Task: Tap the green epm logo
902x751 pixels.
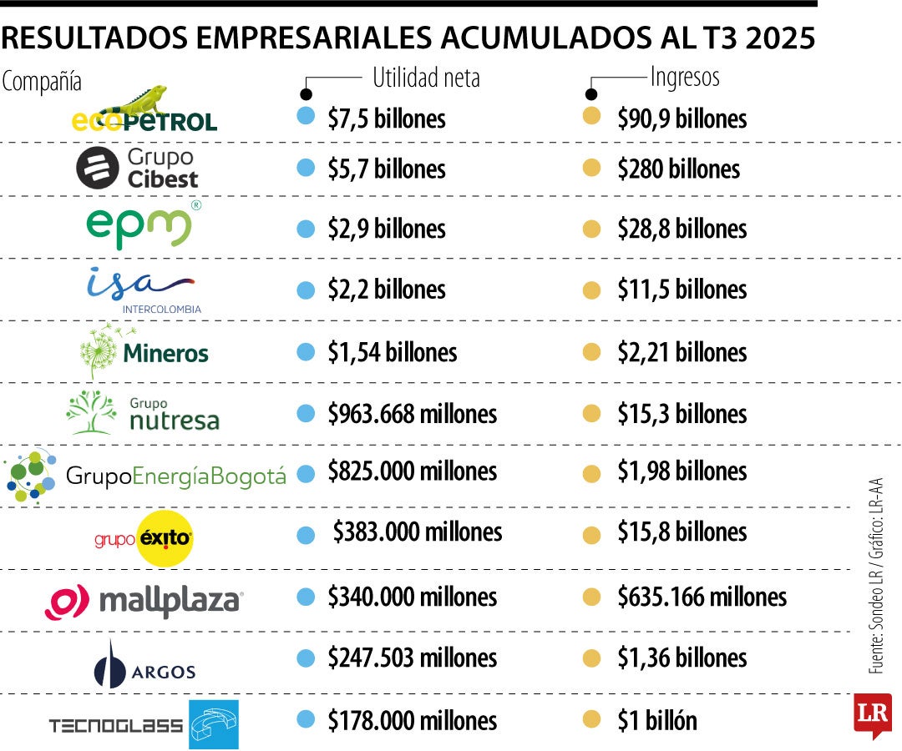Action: [x=139, y=225]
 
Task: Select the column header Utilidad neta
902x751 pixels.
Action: [x=426, y=78]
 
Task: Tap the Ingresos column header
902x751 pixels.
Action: [x=684, y=77]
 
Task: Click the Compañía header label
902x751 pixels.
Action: [x=42, y=82]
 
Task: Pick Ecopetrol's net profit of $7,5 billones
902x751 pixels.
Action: [x=386, y=118]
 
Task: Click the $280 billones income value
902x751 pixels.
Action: [x=678, y=169]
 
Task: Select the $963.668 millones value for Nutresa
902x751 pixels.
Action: [x=412, y=413]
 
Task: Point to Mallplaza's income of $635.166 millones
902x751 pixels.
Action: [x=702, y=597]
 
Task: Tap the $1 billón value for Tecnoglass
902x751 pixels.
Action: [x=656, y=720]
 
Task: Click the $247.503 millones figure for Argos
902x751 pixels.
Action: [x=412, y=658]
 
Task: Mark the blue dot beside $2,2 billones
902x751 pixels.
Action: [x=306, y=290]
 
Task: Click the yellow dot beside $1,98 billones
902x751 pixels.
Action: [x=591, y=473]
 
